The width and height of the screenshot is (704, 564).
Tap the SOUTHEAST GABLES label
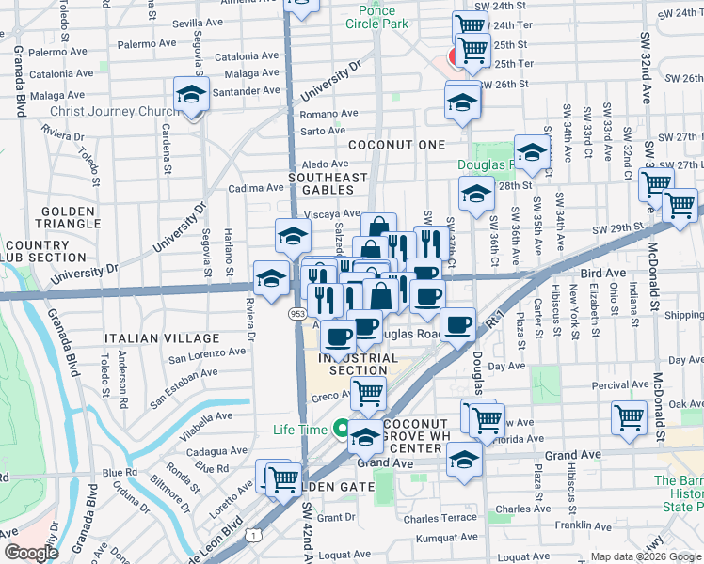pos(328,183)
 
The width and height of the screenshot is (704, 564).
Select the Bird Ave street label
pos(603,272)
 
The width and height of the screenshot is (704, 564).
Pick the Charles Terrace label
pos(440,517)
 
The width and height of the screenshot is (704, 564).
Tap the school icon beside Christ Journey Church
pos(191,95)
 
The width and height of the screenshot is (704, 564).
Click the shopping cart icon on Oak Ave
pos(629,416)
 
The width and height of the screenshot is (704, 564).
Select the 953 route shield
pos(296,314)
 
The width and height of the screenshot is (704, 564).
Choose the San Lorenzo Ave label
pos(206,354)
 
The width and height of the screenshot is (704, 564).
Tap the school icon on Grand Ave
pos(463,459)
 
